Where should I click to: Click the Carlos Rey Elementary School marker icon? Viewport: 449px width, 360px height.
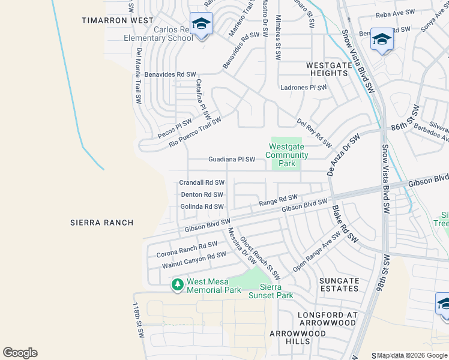pos(201,25)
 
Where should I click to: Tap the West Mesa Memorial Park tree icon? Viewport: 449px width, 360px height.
pos(177,284)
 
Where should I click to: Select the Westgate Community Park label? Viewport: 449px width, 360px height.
pos(288,155)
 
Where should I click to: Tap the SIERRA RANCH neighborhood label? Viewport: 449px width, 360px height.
pos(101,223)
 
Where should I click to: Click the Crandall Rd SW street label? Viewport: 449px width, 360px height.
pos(202,182)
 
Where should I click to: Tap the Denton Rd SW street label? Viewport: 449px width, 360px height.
pos(202,194)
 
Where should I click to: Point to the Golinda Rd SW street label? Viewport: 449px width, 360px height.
pos(202,207)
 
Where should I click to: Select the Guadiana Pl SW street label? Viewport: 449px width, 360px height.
pos(232,160)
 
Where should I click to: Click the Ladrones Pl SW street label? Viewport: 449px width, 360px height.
pos(304,88)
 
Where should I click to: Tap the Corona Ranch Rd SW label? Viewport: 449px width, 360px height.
pos(187,249)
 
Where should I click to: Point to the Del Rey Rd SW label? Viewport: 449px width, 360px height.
pos(314,132)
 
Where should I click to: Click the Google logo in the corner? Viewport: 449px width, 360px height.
pos(20,353)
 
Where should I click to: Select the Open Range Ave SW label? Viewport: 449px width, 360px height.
pos(316,251)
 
